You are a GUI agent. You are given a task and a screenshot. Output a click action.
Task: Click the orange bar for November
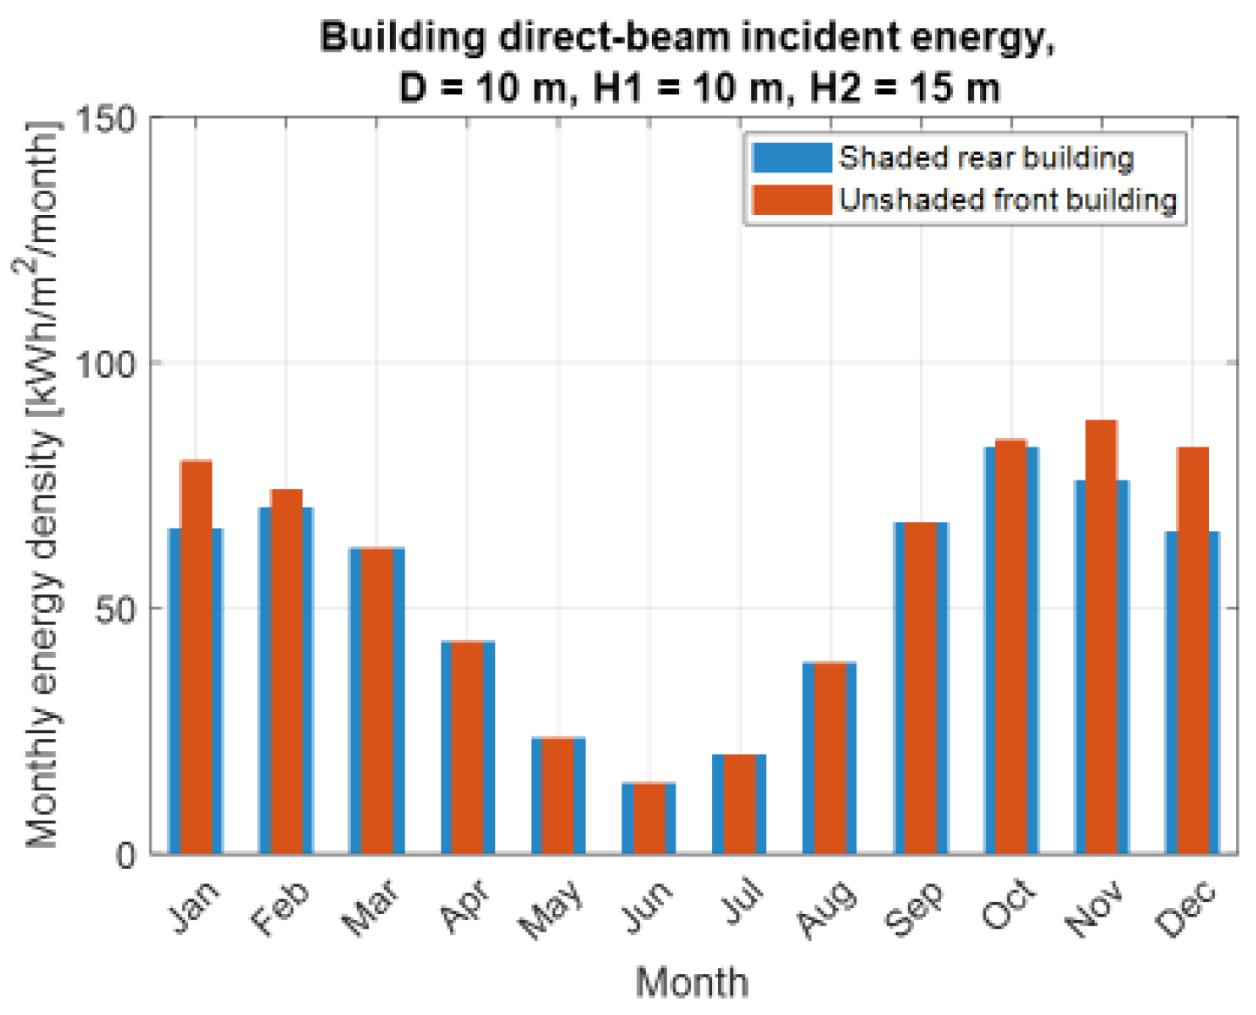click(1101, 636)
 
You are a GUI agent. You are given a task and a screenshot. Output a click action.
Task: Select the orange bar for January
click(197, 656)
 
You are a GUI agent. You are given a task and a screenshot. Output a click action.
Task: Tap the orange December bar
click(1192, 650)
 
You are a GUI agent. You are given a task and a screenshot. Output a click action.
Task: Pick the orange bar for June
click(649, 818)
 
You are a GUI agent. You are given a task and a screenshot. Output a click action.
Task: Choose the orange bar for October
click(1011, 646)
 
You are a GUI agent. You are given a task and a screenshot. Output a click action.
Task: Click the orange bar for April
click(467, 747)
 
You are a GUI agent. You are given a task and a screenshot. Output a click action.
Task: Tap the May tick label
click(551, 909)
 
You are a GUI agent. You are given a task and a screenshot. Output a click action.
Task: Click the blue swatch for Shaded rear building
click(792, 158)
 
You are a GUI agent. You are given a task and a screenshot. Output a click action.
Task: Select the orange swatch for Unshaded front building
click(792, 200)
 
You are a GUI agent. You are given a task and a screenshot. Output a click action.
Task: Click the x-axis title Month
click(692, 983)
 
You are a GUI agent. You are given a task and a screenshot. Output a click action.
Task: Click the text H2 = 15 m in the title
click(904, 89)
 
